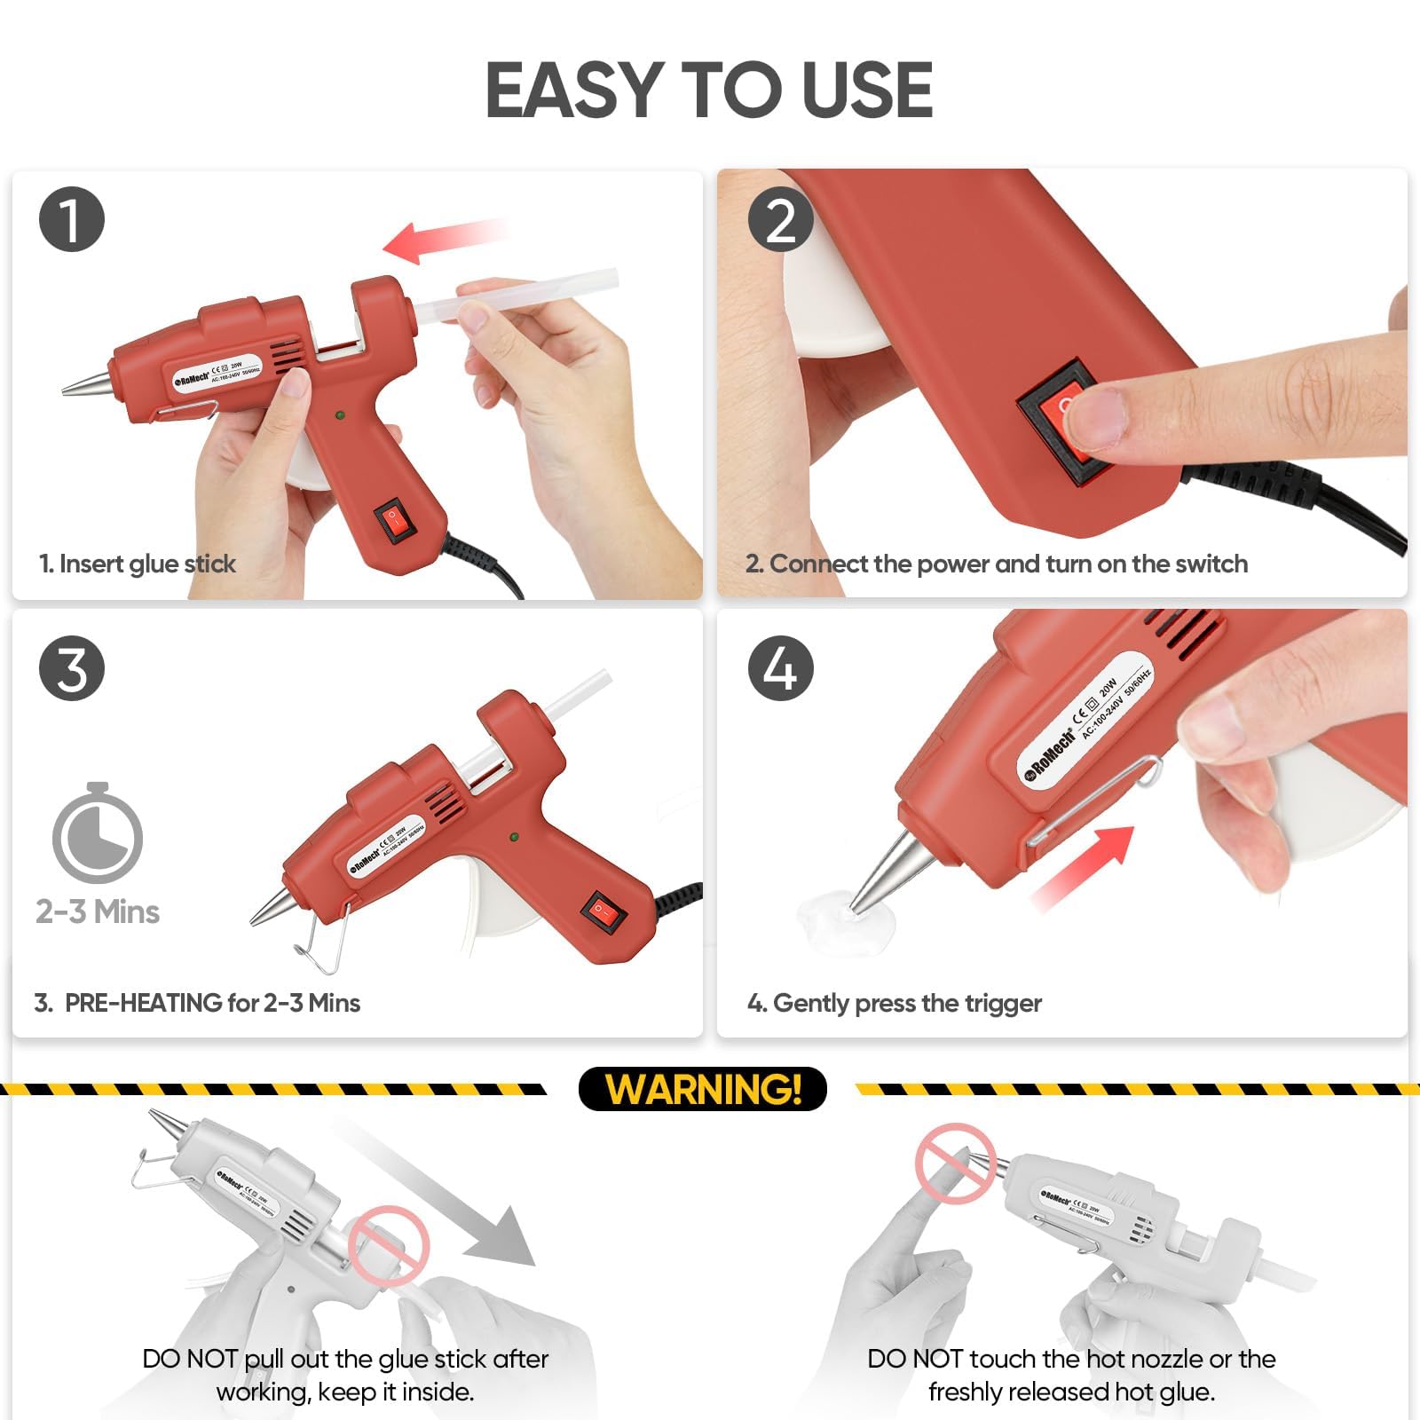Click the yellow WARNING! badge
coord(702,1089)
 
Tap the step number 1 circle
coord(72,219)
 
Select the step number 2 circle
coord(780,219)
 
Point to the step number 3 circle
coord(72,667)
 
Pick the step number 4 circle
coord(780,667)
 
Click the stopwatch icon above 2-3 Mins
coord(98,834)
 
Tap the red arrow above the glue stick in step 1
coord(444,240)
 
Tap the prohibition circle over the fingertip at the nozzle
coord(955,1163)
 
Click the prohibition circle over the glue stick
coord(389,1245)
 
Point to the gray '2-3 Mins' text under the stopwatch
coord(98,911)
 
